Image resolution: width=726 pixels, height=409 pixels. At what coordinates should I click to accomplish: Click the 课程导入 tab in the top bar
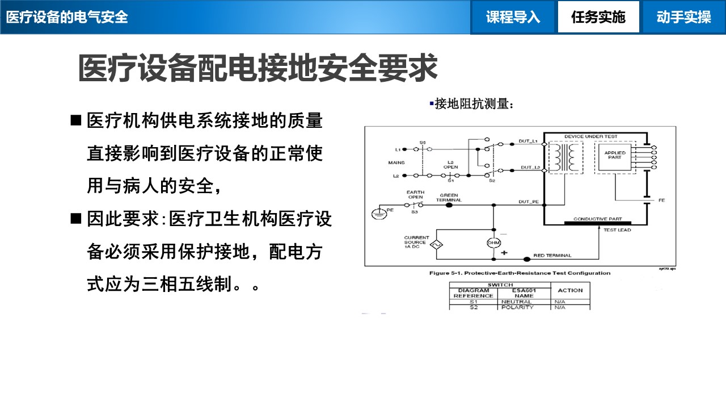click(513, 17)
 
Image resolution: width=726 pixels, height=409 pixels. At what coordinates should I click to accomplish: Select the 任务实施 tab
click(598, 17)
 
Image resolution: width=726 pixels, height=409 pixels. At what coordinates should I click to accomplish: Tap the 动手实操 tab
click(683, 17)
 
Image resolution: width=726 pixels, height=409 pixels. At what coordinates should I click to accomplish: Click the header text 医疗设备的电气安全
click(67, 17)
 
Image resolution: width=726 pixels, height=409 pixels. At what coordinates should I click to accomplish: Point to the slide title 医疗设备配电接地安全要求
click(258, 69)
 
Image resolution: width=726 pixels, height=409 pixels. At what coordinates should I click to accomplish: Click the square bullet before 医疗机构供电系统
click(76, 121)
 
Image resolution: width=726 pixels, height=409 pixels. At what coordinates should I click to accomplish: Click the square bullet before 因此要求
click(76, 219)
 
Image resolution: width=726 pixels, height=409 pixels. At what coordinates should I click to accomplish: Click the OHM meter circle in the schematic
click(493, 243)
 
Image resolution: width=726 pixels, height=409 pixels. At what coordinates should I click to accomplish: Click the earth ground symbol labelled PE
click(378, 213)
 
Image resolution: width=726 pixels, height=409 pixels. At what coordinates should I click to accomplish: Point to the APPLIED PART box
click(615, 155)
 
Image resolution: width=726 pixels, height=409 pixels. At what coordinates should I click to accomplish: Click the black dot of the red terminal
click(527, 259)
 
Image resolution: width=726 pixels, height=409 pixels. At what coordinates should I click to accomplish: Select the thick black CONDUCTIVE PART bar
click(597, 223)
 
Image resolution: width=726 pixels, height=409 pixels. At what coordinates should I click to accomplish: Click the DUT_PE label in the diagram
click(529, 202)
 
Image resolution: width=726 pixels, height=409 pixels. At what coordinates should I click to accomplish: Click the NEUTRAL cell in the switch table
click(517, 302)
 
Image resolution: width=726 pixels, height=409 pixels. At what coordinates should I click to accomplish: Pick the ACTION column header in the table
click(570, 290)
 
